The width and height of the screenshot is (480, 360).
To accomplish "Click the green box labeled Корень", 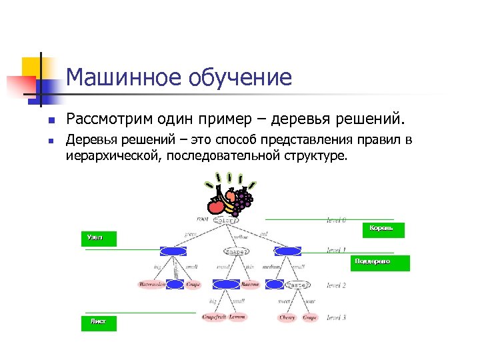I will click(x=381, y=228).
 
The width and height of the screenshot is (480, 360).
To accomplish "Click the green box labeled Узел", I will click(x=98, y=238).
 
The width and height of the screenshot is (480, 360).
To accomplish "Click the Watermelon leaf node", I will click(x=152, y=285).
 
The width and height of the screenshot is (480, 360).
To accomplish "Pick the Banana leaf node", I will click(x=250, y=285).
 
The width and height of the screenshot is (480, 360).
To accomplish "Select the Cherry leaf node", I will click(x=287, y=318).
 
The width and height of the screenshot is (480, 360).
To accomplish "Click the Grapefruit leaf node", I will click(x=215, y=317).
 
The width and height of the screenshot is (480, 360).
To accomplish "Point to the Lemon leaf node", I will click(x=237, y=317).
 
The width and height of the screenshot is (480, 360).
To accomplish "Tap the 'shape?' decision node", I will click(x=237, y=252).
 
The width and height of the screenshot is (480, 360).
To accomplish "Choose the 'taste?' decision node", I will click(x=297, y=285).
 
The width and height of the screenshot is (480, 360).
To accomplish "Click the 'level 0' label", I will click(x=336, y=219).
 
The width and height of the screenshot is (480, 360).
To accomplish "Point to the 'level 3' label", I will click(x=335, y=317).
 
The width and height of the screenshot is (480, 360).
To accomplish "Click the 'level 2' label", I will click(x=335, y=285).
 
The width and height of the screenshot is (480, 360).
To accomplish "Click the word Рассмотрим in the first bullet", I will click(x=109, y=120).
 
